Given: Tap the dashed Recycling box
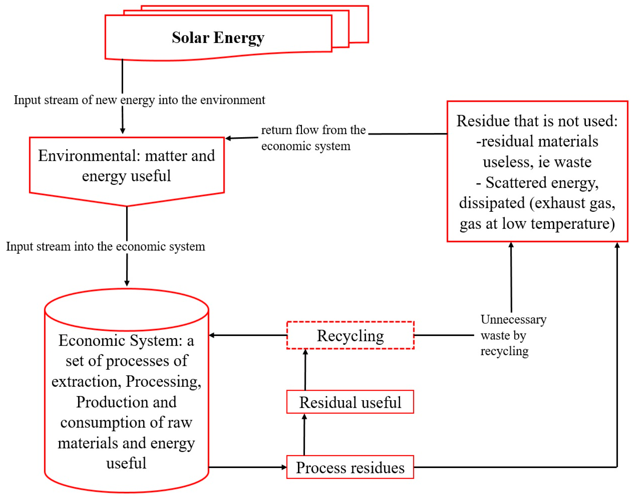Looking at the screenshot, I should point(350,335).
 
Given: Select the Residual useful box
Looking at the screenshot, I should point(350,402).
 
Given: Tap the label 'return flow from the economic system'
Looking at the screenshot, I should point(313,138).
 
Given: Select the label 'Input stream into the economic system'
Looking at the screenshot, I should point(105,246).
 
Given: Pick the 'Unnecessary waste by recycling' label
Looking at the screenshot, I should point(513,335).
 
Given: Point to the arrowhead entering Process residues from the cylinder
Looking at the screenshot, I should point(284,467).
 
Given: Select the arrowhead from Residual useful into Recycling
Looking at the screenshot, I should point(305,352).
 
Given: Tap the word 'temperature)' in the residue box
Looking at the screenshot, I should point(573,224).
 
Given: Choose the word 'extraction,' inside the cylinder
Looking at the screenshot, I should point(86,382).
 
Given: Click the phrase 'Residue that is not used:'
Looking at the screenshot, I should point(537,121).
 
